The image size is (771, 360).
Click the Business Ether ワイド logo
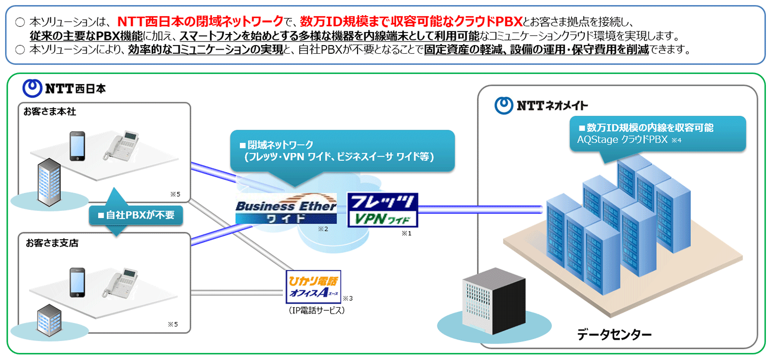tap(286, 209)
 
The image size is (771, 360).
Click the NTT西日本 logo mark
tap(33, 88)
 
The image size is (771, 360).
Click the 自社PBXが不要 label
tap(136, 215)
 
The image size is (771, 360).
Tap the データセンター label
tap(614, 335)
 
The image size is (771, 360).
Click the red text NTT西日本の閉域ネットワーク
tap(200, 21)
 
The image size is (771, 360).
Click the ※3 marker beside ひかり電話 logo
tap(347, 299)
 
